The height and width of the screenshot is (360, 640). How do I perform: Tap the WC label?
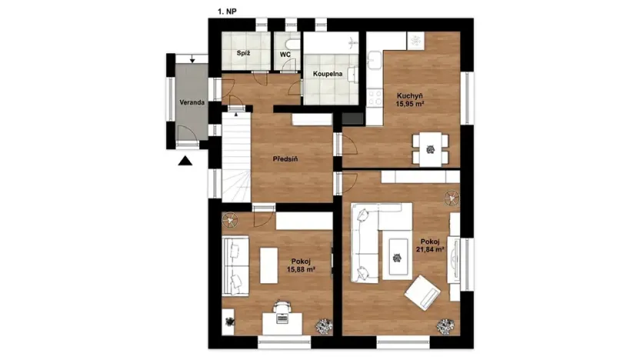[285, 55]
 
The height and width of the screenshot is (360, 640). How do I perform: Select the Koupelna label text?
[328, 75]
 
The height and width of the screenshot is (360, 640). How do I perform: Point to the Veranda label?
[186, 102]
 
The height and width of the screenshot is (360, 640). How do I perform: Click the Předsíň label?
[285, 159]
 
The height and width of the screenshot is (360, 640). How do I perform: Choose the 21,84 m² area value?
[431, 249]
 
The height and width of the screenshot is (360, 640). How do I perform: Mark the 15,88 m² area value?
[302, 269]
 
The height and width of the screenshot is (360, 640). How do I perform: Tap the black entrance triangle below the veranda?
[185, 161]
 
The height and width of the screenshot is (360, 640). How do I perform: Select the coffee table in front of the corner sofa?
[398, 254]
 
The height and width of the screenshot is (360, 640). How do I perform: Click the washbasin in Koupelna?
[352, 74]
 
